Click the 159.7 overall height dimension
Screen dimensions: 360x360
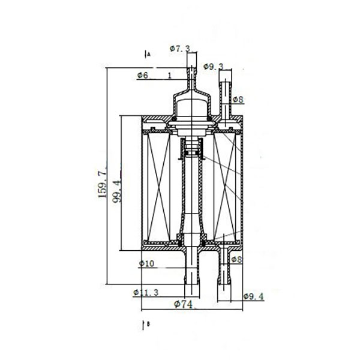point(102,182)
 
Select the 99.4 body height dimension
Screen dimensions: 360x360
point(116,191)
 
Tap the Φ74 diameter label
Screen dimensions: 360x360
point(183,304)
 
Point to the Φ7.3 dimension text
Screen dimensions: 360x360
point(180,49)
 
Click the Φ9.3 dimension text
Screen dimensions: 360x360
point(214,67)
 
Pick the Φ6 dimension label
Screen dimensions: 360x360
point(143,75)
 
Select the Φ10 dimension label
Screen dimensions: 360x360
point(146,263)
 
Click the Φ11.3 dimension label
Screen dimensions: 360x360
point(146,293)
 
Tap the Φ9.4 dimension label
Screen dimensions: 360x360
point(254,296)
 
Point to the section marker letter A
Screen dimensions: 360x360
point(149,55)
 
